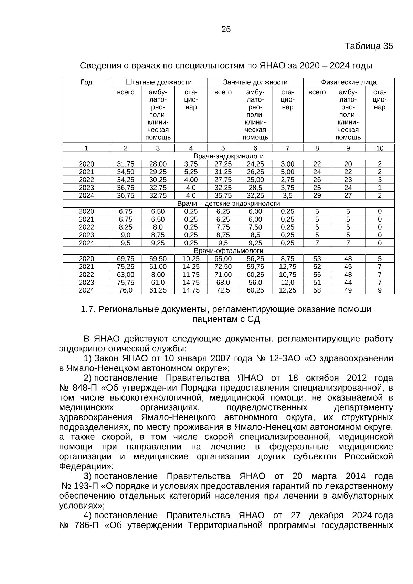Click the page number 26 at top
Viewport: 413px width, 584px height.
pyautogui.click(x=226, y=29)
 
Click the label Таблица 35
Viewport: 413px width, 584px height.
pyautogui.click(x=369, y=46)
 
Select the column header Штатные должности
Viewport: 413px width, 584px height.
pyautogui.click(x=159, y=82)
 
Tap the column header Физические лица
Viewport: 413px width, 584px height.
pyautogui.click(x=349, y=82)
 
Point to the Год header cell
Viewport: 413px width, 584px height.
pyautogui.click(x=86, y=82)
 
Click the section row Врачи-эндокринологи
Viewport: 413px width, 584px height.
pyautogui.click(x=229, y=156)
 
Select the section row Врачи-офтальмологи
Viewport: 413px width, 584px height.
pyautogui.click(x=229, y=251)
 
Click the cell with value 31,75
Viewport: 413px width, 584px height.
pyautogui.click(x=126, y=164)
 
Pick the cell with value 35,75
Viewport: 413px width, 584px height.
pyautogui.click(x=223, y=195)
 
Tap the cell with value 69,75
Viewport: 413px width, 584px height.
pyautogui.click(x=126, y=259)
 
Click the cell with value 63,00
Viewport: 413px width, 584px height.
pyautogui.click(x=126, y=275)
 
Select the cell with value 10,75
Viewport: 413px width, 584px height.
pyautogui.click(x=287, y=275)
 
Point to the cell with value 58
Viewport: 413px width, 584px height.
pyautogui.click(x=317, y=290)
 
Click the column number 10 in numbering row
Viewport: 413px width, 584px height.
pyautogui.click(x=380, y=148)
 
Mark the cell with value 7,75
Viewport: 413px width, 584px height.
pyautogui.click(x=223, y=227)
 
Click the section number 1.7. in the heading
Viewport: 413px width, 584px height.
pyautogui.click(x=88, y=309)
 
